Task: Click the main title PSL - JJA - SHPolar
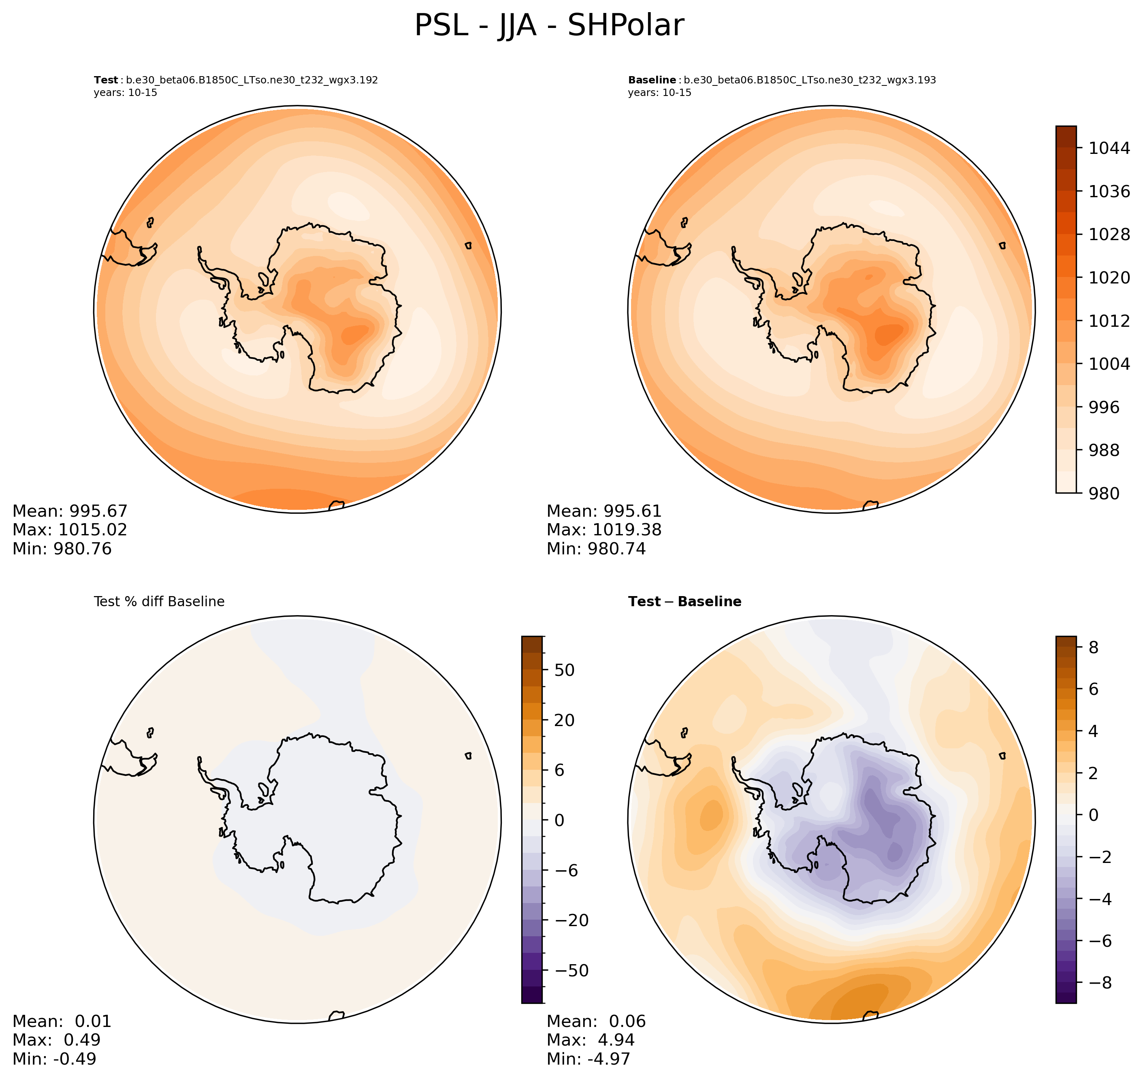(x=549, y=26)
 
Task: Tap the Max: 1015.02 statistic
(x=70, y=530)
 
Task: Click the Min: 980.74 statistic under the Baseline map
(x=596, y=549)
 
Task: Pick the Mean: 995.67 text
(x=70, y=511)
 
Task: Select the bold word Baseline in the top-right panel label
(x=652, y=80)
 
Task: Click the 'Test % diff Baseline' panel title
(x=159, y=602)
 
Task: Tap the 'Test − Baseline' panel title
(x=685, y=602)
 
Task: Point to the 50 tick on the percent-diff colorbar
(x=564, y=670)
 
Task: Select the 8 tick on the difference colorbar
(x=1093, y=648)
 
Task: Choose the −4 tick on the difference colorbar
(x=1098, y=899)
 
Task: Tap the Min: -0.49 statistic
(x=54, y=1059)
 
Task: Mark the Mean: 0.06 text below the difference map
(x=596, y=1021)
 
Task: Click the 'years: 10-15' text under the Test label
(x=126, y=93)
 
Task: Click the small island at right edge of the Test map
(x=468, y=245)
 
